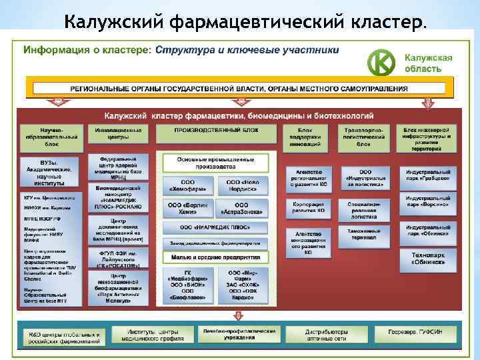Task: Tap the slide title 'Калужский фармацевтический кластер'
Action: pyautogui.click(x=243, y=22)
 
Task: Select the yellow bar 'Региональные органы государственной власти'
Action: pyautogui.click(x=239, y=88)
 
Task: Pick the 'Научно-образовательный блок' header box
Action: pyautogui.click(x=51, y=135)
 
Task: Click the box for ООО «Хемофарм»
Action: pyautogui.click(x=187, y=186)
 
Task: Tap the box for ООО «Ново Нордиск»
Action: pyautogui.click(x=241, y=186)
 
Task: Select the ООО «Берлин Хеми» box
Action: pyautogui.click(x=187, y=209)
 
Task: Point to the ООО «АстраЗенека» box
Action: pyautogui.click(x=241, y=209)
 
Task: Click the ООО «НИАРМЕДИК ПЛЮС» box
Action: pyautogui.click(x=215, y=228)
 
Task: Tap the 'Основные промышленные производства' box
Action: pyautogui.click(x=215, y=163)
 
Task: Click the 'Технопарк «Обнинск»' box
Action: pyautogui.click(x=427, y=259)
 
